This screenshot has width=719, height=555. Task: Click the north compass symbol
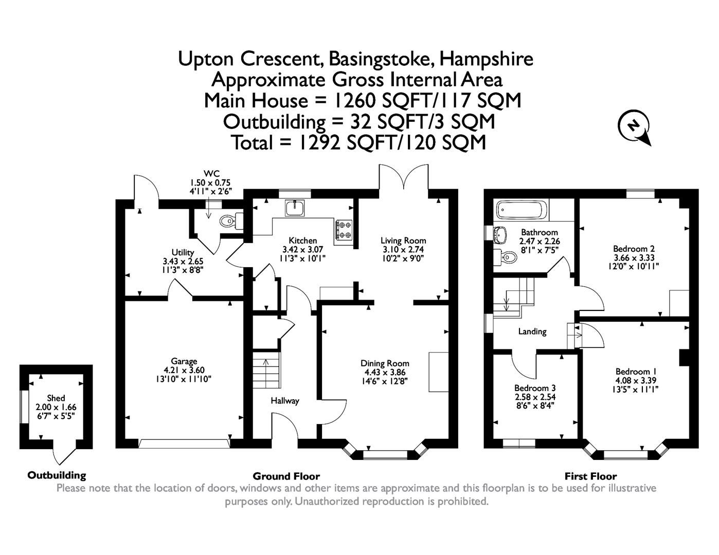point(635,126)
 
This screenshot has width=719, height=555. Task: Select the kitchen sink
point(295,208)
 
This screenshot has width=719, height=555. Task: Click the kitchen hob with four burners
point(344,230)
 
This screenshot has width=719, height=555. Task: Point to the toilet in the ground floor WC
point(227,221)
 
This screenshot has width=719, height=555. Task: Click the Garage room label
point(184,361)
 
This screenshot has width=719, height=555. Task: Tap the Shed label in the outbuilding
point(56,398)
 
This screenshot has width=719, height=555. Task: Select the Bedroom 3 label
point(535,388)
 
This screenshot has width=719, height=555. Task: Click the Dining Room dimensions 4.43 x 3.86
point(385,372)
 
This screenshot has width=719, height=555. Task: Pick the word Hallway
point(285,401)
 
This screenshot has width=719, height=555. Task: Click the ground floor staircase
point(266,369)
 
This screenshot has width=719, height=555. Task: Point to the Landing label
point(532,331)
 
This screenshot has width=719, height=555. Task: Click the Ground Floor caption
point(286,476)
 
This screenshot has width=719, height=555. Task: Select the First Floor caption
point(590,476)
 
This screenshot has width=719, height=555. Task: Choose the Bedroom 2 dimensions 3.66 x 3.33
point(634,257)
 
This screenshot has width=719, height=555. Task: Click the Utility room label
point(183,252)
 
